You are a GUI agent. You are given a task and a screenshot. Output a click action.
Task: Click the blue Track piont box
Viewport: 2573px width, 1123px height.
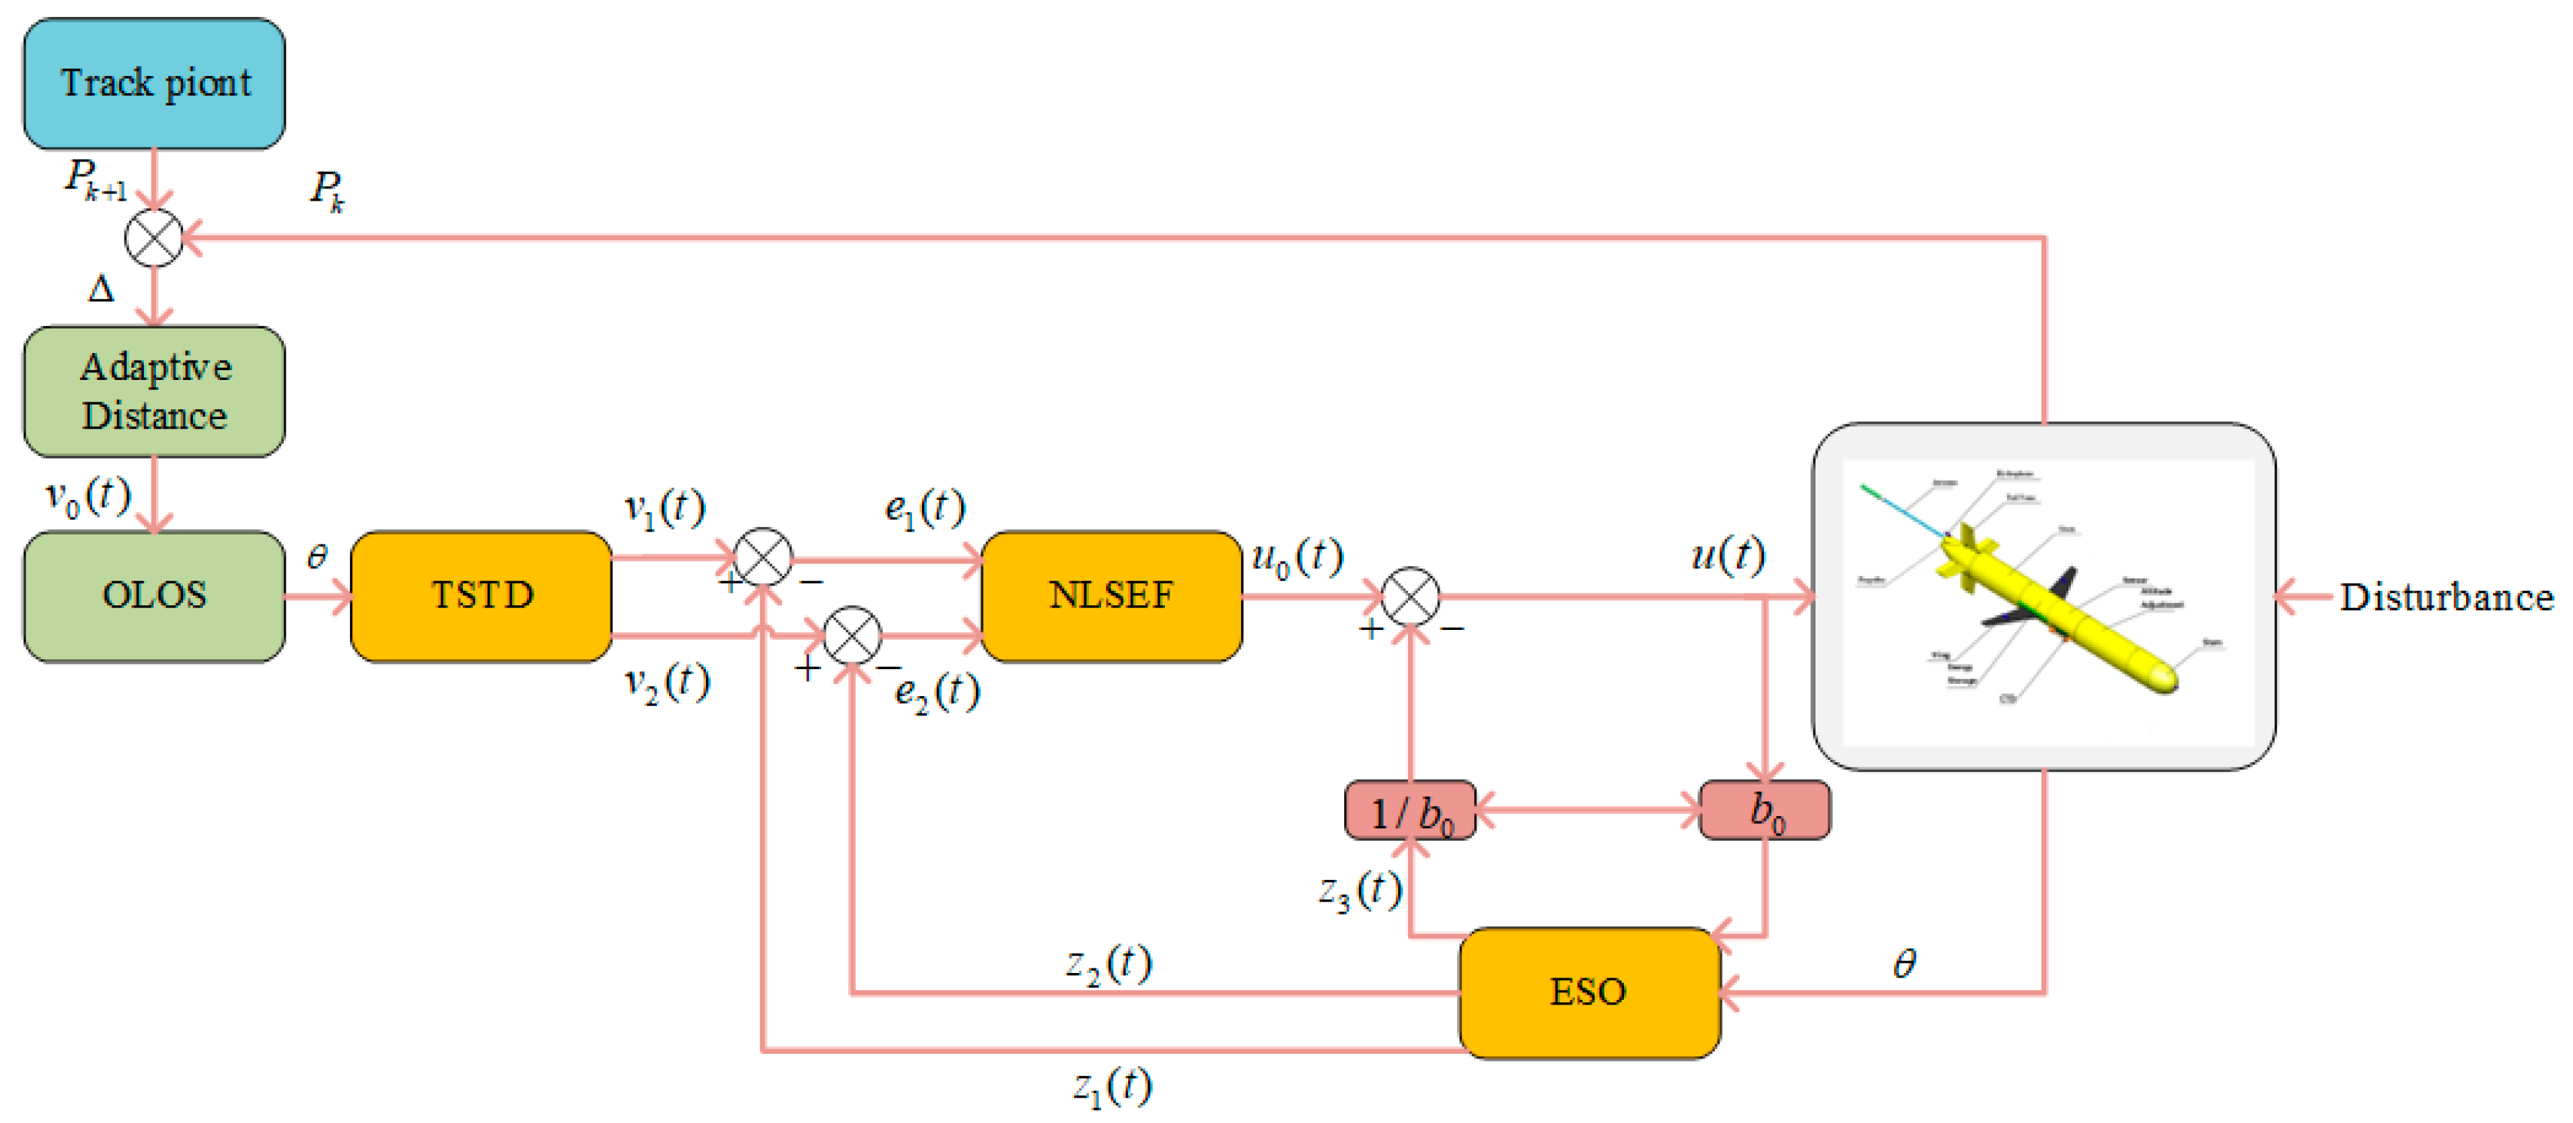[154, 84]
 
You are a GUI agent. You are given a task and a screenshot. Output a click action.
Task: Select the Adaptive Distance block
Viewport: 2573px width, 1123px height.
[154, 392]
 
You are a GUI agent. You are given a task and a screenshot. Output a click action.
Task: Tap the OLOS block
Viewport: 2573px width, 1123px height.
[154, 595]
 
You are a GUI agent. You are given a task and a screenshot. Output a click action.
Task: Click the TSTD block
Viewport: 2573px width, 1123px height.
[481, 595]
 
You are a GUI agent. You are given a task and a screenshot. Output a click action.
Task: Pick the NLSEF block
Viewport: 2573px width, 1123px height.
[1112, 595]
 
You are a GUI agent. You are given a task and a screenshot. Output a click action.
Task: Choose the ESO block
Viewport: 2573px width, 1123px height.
[1589, 992]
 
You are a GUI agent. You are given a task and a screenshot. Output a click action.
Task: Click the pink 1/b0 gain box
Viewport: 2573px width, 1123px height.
[1410, 811]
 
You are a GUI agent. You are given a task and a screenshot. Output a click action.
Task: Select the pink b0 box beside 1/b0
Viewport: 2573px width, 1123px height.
[1765, 811]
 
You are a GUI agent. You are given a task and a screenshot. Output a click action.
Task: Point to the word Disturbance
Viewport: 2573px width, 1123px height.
[2446, 598]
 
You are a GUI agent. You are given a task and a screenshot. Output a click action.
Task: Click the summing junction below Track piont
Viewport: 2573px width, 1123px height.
[154, 238]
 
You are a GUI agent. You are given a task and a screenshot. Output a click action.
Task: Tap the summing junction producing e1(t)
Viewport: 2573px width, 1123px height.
[763, 558]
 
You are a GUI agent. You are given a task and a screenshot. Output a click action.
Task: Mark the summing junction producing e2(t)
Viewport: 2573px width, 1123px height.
[852, 635]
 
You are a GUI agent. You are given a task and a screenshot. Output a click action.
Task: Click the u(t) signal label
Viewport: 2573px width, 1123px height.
[1728, 555]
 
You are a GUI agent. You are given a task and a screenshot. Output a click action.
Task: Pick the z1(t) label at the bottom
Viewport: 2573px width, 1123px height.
[1113, 1086]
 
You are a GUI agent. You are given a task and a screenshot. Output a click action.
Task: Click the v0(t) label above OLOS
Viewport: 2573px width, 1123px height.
[88, 495]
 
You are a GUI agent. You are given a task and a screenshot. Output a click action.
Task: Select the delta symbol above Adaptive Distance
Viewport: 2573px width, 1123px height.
[101, 290]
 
